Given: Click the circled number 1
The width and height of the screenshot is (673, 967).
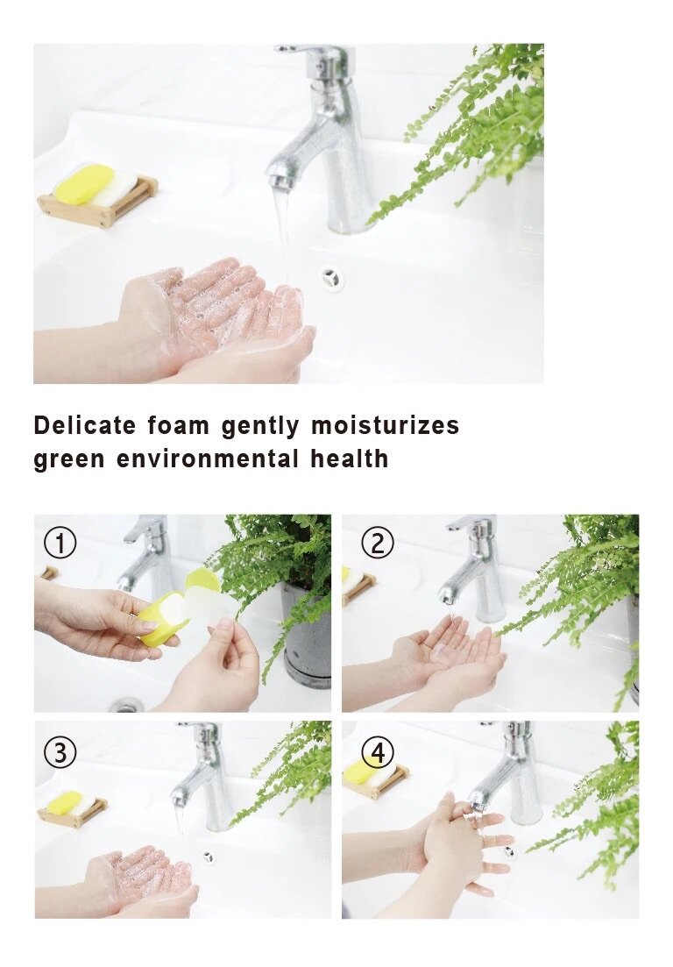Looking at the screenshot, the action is (x=60, y=544).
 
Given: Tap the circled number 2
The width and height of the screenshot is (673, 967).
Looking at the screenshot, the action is (x=377, y=544).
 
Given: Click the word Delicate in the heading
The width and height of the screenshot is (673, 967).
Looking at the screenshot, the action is (x=84, y=425).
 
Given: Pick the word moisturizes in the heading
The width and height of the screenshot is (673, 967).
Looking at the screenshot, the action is (x=385, y=425).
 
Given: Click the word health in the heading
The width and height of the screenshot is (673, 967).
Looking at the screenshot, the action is (x=350, y=459).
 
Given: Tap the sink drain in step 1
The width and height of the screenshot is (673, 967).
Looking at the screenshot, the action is (x=125, y=705).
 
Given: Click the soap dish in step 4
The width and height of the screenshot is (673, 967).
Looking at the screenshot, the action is (x=376, y=779).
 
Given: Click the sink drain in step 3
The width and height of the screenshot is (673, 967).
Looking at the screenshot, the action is (x=208, y=856).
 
